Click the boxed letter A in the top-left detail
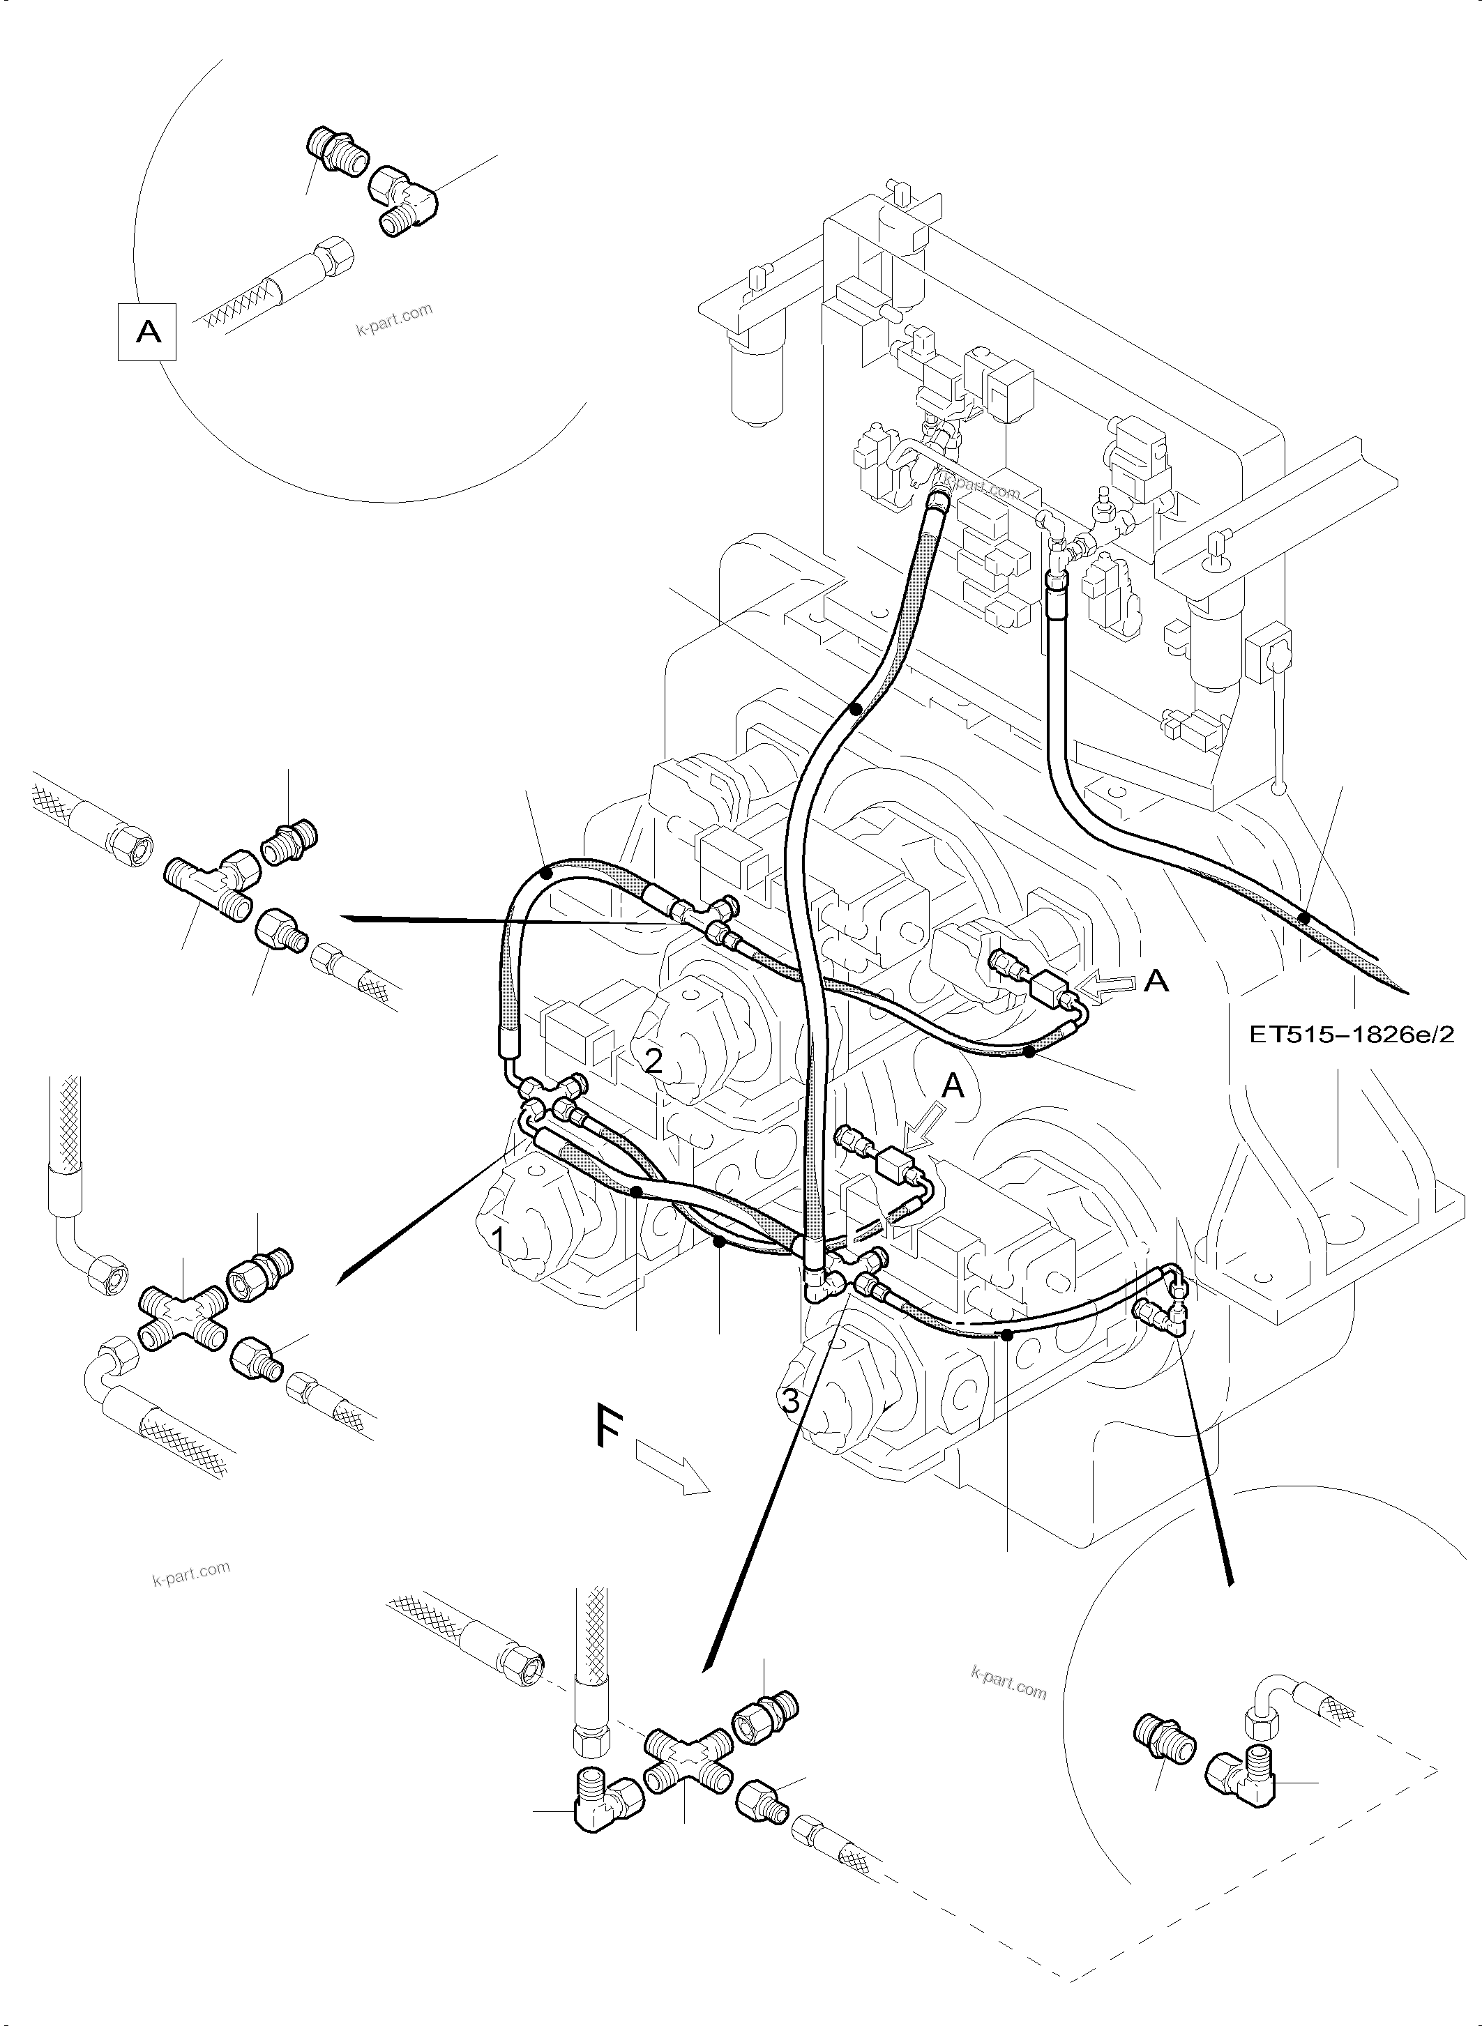tap(147, 333)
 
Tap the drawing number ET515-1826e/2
tap(1352, 1034)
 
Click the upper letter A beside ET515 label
tap(1157, 981)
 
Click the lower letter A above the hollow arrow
tap(953, 1087)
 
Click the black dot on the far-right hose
tap(1306, 917)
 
